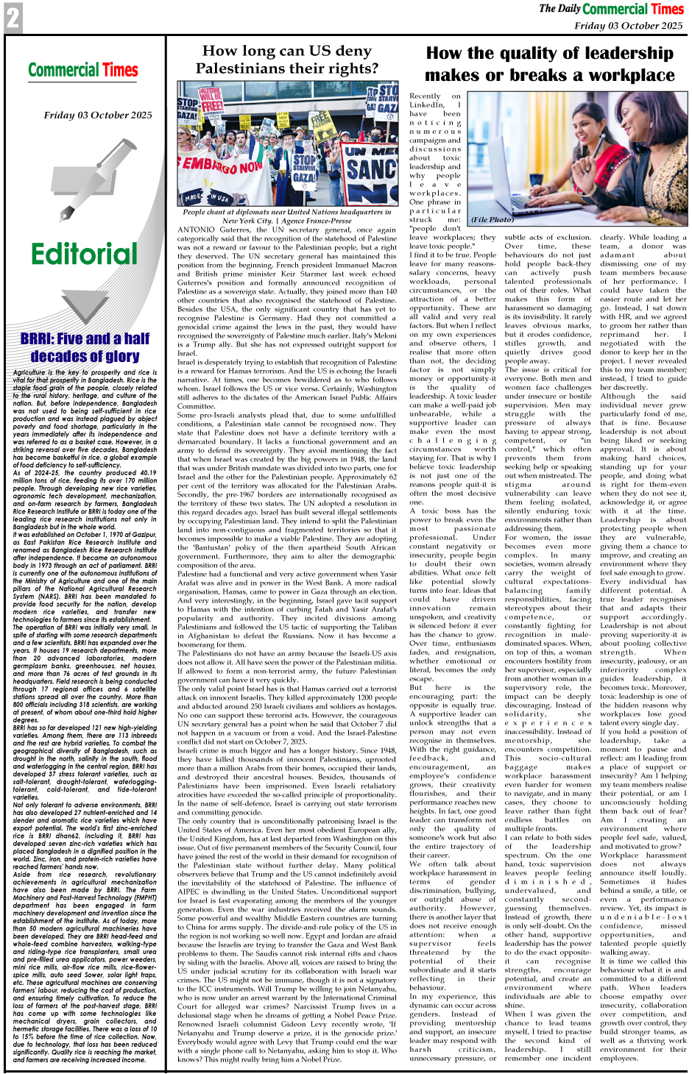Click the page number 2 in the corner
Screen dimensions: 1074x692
click(x=13, y=18)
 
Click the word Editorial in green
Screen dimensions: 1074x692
click(x=84, y=254)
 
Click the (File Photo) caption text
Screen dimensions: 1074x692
click(x=492, y=220)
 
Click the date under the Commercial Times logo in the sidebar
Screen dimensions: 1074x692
click(x=98, y=115)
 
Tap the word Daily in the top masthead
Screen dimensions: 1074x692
click(x=569, y=9)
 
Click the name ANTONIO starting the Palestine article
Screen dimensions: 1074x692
click(x=196, y=230)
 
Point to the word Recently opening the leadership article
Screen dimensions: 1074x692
click(x=425, y=96)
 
